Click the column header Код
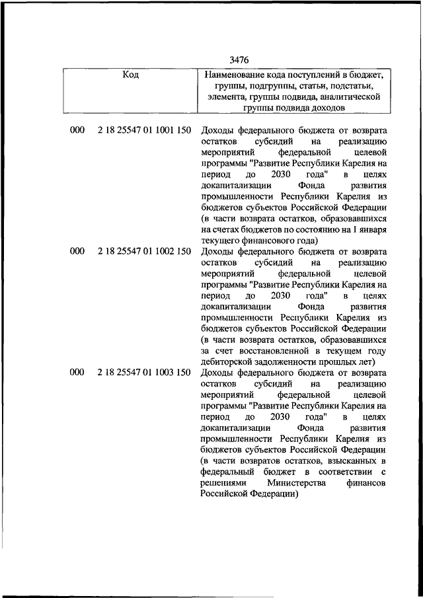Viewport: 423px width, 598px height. (x=131, y=75)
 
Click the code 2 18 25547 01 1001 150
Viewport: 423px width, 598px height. (x=143, y=131)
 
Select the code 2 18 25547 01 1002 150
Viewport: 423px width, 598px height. (x=143, y=252)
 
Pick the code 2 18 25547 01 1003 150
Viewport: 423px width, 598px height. (x=143, y=373)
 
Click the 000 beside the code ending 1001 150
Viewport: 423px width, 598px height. (x=77, y=131)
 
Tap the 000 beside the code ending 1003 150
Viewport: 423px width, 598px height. (x=77, y=373)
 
